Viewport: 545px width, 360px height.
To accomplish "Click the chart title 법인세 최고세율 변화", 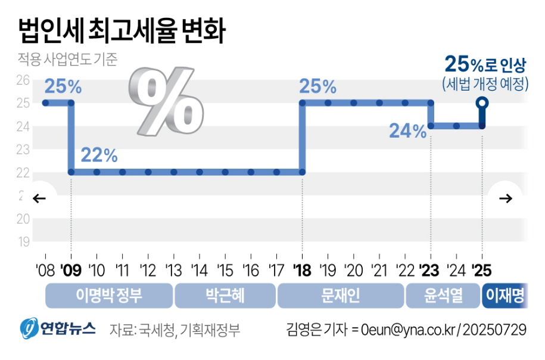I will pos(122,32).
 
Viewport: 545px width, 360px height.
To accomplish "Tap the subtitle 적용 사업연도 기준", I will pos(67,60).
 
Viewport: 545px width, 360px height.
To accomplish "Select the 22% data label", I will pos(99,156).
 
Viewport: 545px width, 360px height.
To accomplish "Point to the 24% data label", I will pos(407,130).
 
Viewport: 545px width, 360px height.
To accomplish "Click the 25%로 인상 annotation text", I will pos(485,64).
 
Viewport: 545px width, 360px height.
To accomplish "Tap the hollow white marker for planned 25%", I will pos(482,103).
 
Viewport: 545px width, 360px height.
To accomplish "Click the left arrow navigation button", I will pos(40,198).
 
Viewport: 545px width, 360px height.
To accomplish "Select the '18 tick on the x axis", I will pos(302,271).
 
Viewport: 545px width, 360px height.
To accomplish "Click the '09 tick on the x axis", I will pos(71,271).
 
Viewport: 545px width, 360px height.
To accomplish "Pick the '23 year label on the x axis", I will pos(430,271).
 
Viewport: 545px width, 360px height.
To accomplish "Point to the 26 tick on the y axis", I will pos(23,80).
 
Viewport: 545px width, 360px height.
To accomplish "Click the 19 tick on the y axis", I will pos(23,242).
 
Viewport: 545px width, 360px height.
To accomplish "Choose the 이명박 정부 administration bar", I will pos(109,296).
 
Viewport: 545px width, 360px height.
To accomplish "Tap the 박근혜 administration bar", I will pos(225,296).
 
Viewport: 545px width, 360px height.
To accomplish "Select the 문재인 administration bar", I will pos(340,296).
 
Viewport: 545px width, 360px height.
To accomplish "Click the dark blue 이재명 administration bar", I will pos(504,296).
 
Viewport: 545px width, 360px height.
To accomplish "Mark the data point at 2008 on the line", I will pos(45,103).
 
